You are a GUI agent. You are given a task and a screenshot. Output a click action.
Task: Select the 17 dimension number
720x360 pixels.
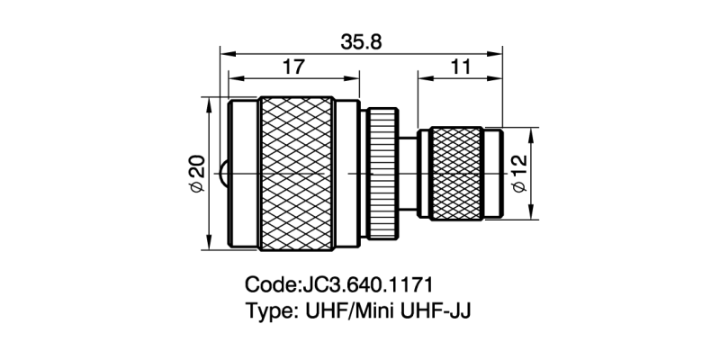pyautogui.click(x=292, y=67)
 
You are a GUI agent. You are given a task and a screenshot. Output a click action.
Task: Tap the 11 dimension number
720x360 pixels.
pyautogui.click(x=459, y=67)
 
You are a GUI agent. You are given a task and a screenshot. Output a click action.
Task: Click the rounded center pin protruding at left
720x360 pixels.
pyautogui.click(x=223, y=172)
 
